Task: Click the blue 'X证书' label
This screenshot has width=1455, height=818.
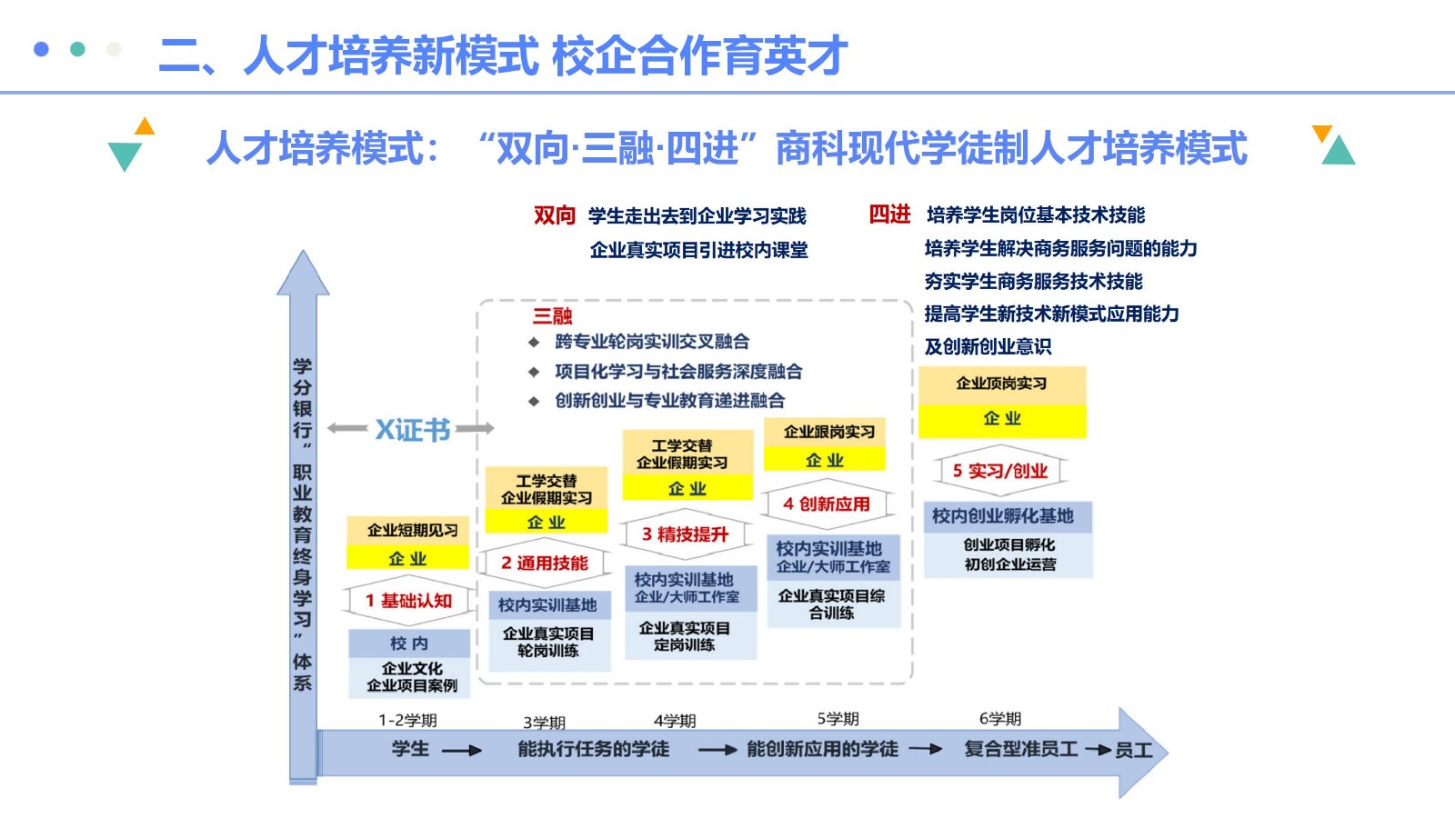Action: point(413,429)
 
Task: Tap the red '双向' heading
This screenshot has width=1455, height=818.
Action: point(554,214)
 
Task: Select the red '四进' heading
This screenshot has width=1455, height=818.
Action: point(889,214)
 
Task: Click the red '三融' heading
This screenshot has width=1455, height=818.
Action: point(552,316)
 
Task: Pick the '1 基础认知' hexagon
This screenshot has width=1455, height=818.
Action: point(408,601)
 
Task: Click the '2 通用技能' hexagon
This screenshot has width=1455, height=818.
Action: point(545,563)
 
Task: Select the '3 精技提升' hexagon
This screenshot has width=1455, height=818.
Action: point(686,534)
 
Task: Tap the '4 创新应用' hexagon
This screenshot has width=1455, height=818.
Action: point(827,504)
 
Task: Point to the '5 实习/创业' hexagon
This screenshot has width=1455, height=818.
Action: point(1000,471)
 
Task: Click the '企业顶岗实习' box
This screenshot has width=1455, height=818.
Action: point(1001,384)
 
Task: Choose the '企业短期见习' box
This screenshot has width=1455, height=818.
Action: point(408,531)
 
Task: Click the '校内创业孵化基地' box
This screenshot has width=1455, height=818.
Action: point(1008,517)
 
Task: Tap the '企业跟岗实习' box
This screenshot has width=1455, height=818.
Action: point(825,433)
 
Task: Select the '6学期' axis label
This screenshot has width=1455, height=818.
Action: point(1000,719)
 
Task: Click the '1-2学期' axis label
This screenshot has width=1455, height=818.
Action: point(408,721)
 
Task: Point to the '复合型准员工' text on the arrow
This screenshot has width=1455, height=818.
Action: point(1020,749)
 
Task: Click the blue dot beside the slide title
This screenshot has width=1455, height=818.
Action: point(41,49)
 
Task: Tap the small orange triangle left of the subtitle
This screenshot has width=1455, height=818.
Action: point(145,126)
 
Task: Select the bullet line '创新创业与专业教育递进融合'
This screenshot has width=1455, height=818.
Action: point(669,401)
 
